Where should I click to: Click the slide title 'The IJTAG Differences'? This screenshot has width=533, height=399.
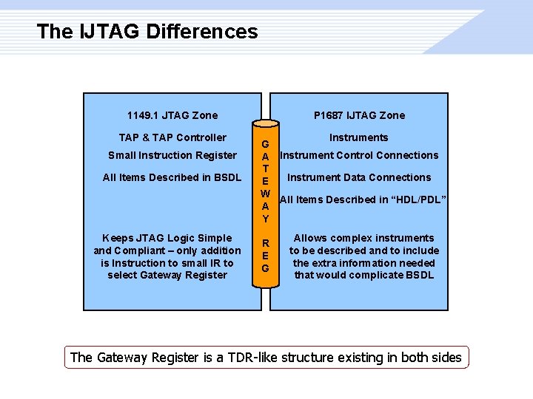147,32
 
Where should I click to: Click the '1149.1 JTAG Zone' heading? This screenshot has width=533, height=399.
172,115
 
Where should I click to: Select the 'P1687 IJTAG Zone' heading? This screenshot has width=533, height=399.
359,115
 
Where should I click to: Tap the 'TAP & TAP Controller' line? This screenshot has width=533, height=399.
172,137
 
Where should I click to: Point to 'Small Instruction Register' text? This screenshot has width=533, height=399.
172,155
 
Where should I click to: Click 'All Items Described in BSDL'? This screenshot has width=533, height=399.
172,177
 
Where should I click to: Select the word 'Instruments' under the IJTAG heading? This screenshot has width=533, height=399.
359,137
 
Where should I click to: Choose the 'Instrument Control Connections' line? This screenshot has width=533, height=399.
359,155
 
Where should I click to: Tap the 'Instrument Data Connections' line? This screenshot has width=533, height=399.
359,177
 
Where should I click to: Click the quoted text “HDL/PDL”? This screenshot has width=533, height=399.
420,199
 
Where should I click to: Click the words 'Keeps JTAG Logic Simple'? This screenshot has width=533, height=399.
167,238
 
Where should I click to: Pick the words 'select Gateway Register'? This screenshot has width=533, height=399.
167,276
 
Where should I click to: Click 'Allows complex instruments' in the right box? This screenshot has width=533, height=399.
364,238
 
